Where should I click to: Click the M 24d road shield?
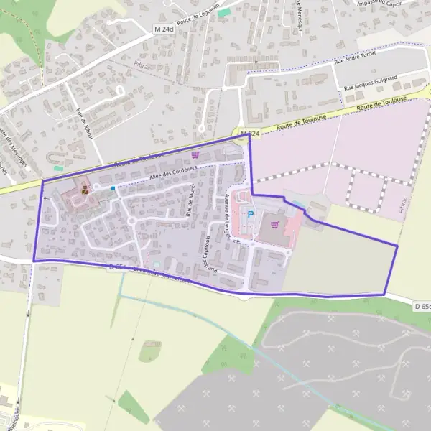(x=164, y=29)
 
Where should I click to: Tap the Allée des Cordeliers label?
(x=172, y=172)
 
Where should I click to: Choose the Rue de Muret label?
(x=191, y=202)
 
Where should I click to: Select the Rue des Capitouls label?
(x=209, y=255)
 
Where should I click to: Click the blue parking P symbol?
(x=251, y=213)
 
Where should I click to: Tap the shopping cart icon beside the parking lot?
(x=274, y=223)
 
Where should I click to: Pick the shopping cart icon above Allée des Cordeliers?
(x=195, y=154)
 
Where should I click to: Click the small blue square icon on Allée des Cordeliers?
(x=113, y=188)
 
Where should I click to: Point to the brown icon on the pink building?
(x=85, y=190)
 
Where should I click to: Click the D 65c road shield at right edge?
(x=422, y=307)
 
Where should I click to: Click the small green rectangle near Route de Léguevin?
(x=224, y=12)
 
